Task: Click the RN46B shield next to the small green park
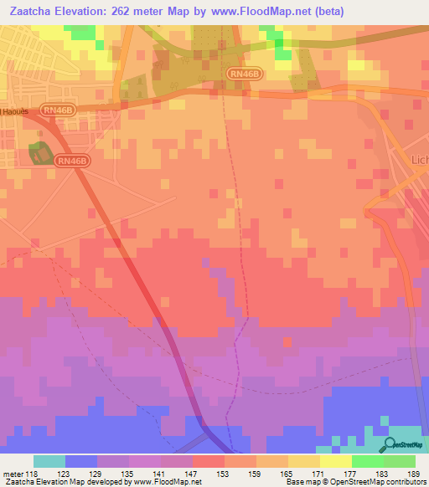click(x=71, y=161)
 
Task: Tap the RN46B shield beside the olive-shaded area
click(x=243, y=74)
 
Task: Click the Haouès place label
click(x=11, y=111)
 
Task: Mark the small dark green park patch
click(x=38, y=153)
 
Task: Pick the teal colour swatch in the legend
click(x=49, y=461)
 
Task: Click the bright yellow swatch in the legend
click(x=335, y=461)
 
